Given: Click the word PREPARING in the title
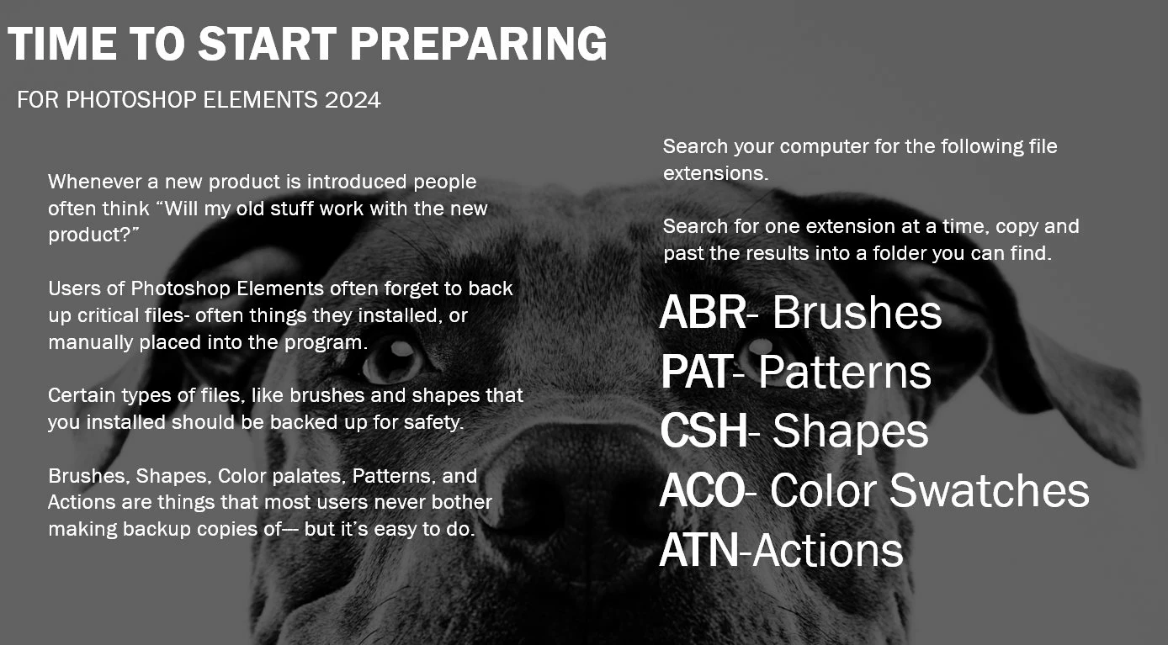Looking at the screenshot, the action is pyautogui.click(x=478, y=44).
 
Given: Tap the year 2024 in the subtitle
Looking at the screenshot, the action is pyautogui.click(x=353, y=100).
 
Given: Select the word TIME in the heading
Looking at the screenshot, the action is pyautogui.click(x=62, y=44).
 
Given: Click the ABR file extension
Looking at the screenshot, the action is pyautogui.click(x=703, y=313).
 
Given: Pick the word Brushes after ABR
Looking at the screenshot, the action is pyautogui.click(x=857, y=313).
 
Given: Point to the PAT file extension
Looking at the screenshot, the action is pyautogui.click(x=696, y=372).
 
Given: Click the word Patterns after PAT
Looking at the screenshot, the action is pyautogui.click(x=845, y=372).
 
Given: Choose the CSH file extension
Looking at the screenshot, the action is pyautogui.click(x=704, y=431).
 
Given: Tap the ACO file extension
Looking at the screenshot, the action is pyautogui.click(x=703, y=490).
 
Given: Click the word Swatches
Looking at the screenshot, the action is pyautogui.click(x=989, y=490).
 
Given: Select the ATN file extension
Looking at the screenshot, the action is pyautogui.click(x=699, y=550).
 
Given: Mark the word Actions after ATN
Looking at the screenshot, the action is pyautogui.click(x=827, y=550).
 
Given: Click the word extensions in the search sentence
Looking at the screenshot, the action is pyautogui.click(x=715, y=173).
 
